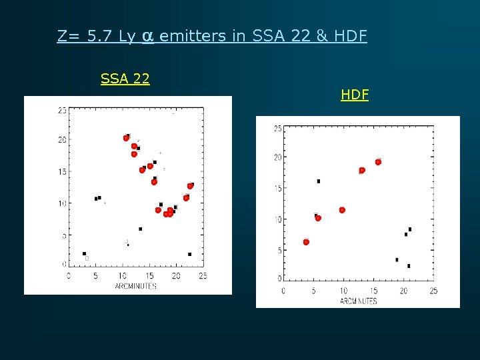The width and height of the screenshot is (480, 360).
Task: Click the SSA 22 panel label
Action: (125, 79)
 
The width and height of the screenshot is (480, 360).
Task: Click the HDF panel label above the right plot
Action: (355, 95)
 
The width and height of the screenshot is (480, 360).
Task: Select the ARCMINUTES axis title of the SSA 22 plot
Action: (135, 286)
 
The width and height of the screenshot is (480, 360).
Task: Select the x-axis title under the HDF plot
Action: (358, 301)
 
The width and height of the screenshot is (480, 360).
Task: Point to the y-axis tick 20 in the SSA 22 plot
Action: (61, 140)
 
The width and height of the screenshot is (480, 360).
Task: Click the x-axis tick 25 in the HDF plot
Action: (433, 291)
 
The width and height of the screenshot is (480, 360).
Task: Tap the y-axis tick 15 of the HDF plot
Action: (277, 189)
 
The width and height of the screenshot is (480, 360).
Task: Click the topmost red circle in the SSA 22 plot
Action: (126, 138)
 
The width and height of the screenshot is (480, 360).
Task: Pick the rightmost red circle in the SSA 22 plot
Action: (190, 186)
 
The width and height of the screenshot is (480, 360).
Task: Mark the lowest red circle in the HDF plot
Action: (306, 242)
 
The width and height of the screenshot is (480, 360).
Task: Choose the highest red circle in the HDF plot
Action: (378, 162)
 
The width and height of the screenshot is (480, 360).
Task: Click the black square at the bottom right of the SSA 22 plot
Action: (190, 254)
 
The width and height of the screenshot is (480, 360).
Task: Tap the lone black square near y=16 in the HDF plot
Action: (319, 181)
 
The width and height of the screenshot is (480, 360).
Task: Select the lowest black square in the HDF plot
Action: (409, 266)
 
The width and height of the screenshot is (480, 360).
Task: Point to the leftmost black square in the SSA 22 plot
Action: (84, 253)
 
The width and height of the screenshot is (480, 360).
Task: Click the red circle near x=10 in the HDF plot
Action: (342, 210)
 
